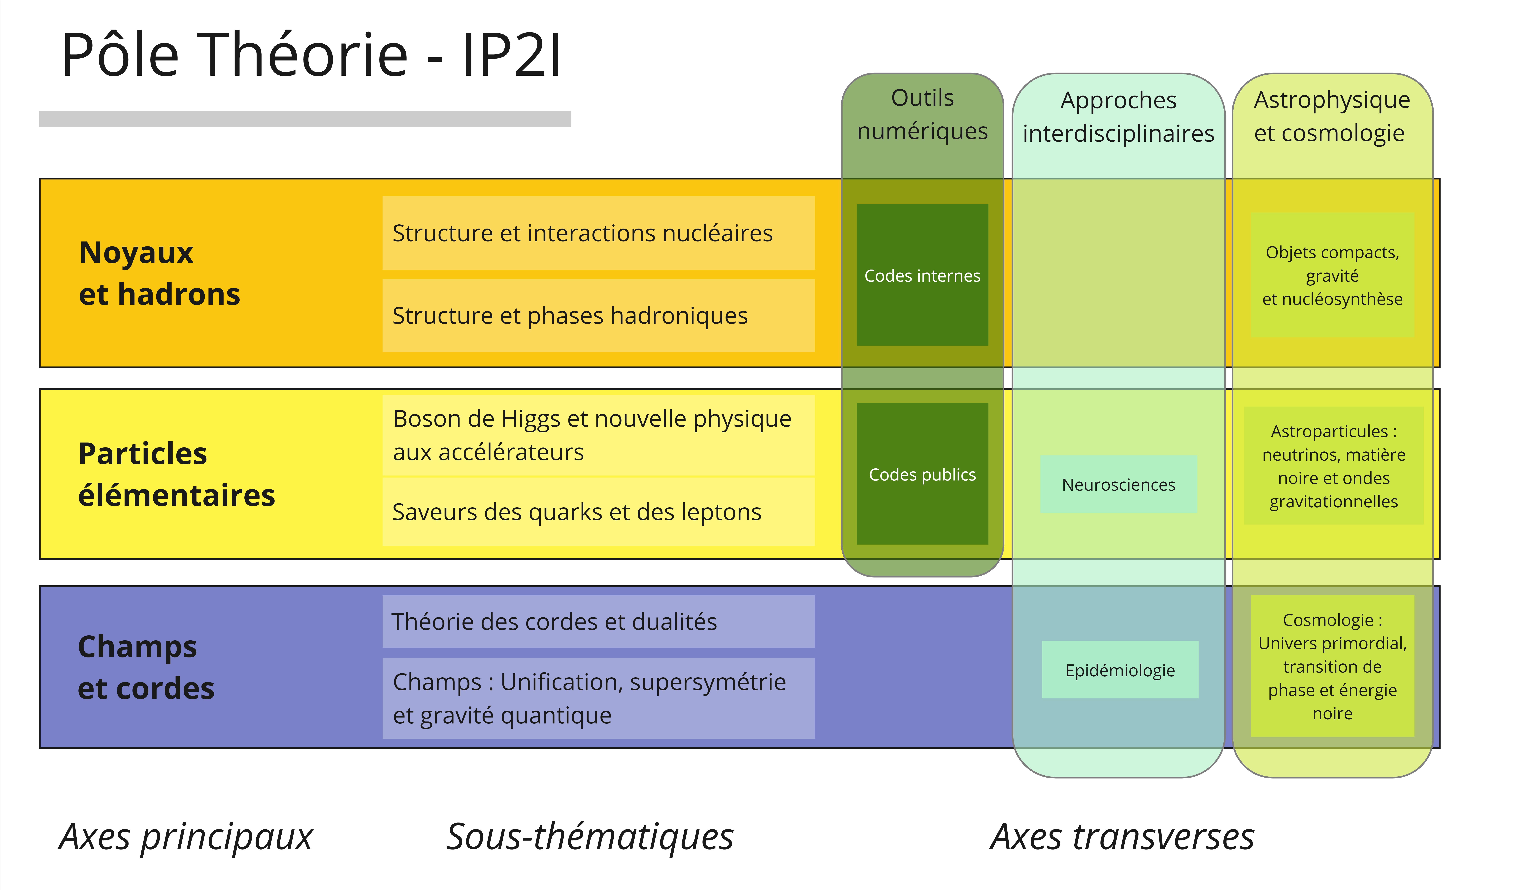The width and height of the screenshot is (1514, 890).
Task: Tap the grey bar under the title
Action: pyautogui.click(x=305, y=118)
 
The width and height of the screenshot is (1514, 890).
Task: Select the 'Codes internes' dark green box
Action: pyautogui.click(x=922, y=275)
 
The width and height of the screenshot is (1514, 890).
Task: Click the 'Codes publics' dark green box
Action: pyautogui.click(x=922, y=474)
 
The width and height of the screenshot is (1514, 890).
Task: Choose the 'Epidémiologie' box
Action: pyautogui.click(x=1120, y=669)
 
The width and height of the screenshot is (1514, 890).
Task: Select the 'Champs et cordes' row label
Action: pyautogui.click(x=146, y=667)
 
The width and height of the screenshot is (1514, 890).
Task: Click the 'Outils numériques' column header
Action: pyautogui.click(x=922, y=114)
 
